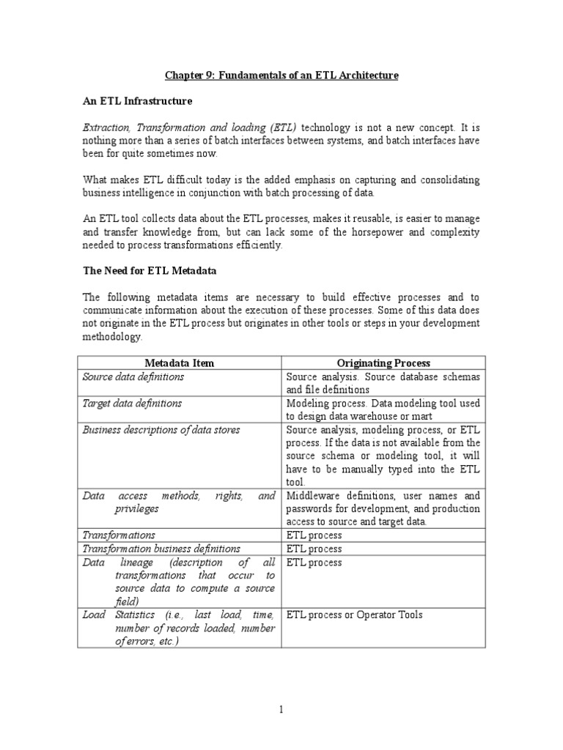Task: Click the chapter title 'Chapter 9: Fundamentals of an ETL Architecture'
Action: (x=281, y=75)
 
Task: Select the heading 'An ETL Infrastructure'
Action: (x=137, y=102)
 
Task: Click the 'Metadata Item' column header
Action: (x=180, y=363)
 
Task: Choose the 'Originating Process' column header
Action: (x=383, y=363)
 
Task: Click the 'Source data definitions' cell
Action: (x=133, y=376)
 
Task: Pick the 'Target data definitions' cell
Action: (x=133, y=403)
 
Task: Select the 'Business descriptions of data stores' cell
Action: (x=161, y=430)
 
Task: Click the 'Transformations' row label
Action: (x=119, y=535)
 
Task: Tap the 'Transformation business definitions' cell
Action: (x=161, y=549)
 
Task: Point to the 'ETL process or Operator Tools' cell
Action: (x=355, y=615)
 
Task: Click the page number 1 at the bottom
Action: (x=281, y=709)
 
